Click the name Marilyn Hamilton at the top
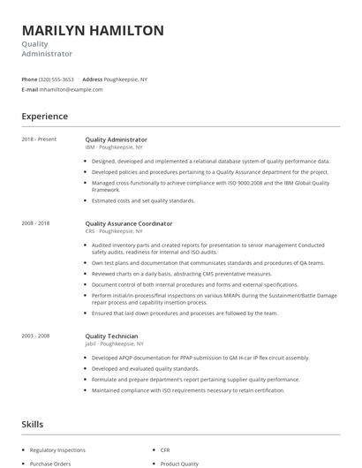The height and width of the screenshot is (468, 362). (x=93, y=30)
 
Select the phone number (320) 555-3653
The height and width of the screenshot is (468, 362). (x=57, y=79)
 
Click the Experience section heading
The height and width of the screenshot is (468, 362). (x=45, y=117)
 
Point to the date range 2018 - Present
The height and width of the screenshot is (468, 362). (x=39, y=140)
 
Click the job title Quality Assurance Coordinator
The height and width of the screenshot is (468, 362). (x=129, y=224)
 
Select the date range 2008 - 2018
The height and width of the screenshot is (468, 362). (x=36, y=224)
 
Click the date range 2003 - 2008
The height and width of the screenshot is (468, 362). (x=36, y=336)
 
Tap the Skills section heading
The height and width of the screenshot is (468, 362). (x=33, y=425)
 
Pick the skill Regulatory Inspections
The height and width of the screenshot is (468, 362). (x=57, y=449)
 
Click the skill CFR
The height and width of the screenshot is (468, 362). (x=165, y=449)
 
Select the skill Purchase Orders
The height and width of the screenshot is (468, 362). (x=49, y=464)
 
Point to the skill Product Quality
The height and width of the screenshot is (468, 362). (x=179, y=464)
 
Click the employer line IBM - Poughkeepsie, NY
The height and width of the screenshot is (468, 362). (x=114, y=147)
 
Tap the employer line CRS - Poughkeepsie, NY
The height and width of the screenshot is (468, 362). (x=114, y=232)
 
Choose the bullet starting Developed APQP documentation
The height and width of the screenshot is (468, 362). (x=200, y=358)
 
